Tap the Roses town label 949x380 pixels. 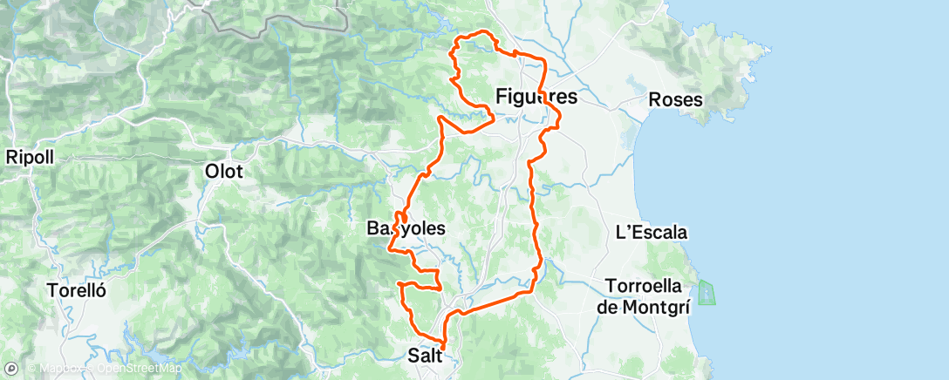pos(676,100)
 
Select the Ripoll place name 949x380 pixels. pos(30,158)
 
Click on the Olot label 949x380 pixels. pos(223,172)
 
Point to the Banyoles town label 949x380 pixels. pos(406,228)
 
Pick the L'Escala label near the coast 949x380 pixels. pos(652,233)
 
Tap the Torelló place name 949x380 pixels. pos(78,290)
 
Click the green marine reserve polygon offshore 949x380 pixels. pos(707,293)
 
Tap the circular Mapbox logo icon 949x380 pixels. pos(11,369)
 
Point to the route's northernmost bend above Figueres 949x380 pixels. pos(478,35)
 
